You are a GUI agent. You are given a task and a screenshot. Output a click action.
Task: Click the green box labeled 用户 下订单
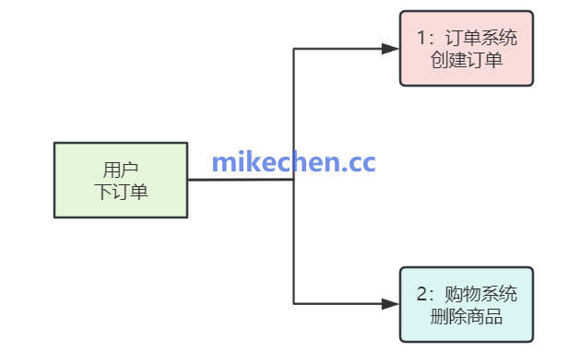coord(121,180)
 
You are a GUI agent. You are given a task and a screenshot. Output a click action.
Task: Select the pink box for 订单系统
coord(466,48)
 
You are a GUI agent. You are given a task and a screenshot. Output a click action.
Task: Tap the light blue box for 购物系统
coord(466,304)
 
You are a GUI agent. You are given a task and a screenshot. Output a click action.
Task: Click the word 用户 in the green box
coord(121,170)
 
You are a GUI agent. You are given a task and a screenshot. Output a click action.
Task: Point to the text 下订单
coord(121,192)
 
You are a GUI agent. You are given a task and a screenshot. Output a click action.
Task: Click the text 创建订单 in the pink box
coord(466,61)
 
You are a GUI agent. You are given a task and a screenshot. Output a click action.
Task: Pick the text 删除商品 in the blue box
coord(466,317)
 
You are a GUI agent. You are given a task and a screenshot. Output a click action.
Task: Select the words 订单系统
coord(480,39)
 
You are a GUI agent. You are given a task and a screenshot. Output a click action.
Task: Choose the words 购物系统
coord(480,295)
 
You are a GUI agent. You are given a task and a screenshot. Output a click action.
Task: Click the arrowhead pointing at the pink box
coord(391,48)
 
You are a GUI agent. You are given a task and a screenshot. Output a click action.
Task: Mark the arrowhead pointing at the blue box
coord(391,303)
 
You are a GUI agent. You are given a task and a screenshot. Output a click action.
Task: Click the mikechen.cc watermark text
coord(293,163)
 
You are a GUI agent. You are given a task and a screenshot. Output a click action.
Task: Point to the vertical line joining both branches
coord(293,240)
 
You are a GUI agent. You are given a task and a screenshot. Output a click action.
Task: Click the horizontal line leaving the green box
coord(240,180)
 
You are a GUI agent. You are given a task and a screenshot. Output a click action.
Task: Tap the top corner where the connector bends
coord(293,48)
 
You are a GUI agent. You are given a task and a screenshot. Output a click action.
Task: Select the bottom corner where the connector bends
coord(293,303)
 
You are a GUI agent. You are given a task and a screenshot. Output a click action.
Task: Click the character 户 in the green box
coord(130,170)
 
